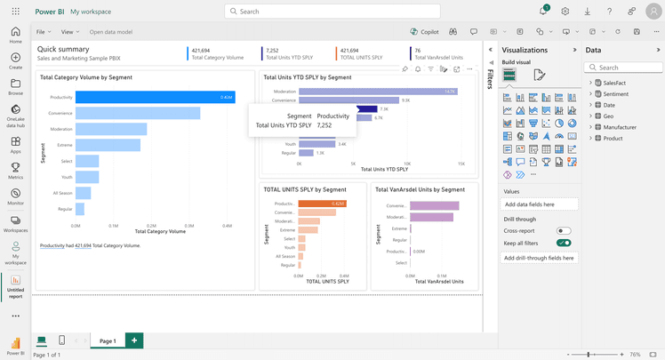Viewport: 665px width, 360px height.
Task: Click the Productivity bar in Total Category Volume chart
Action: [155, 97]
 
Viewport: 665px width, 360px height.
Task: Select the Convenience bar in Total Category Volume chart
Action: [138, 113]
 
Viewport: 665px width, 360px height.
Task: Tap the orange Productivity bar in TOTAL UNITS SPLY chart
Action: [322, 204]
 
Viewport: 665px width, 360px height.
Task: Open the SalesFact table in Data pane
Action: [613, 83]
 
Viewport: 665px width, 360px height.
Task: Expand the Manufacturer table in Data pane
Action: [620, 127]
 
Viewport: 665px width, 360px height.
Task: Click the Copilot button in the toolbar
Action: [424, 32]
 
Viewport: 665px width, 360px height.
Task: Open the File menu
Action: [43, 32]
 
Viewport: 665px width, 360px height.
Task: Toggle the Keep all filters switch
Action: [563, 243]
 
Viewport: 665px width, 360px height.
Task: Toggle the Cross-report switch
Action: [563, 231]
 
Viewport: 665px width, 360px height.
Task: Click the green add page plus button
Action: [134, 340]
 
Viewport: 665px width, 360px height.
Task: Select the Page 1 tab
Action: [108, 340]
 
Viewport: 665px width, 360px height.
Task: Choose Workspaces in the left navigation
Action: [15, 223]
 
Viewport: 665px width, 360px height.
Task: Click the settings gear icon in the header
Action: [565, 12]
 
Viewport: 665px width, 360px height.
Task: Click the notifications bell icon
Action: [542, 12]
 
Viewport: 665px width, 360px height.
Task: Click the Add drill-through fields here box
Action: [540, 258]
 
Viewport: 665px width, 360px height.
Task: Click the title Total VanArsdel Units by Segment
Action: [420, 189]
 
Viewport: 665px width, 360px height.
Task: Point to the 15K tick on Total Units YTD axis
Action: [461, 164]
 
